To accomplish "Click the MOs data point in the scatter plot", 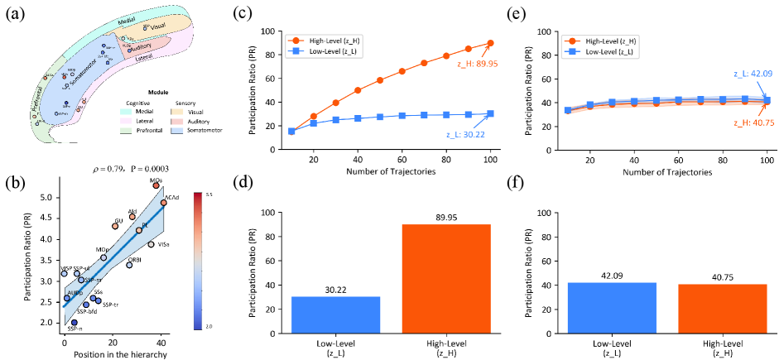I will pos(155,185).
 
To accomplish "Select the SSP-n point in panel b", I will pos(74,323).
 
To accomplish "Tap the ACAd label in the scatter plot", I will pos(172,197).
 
